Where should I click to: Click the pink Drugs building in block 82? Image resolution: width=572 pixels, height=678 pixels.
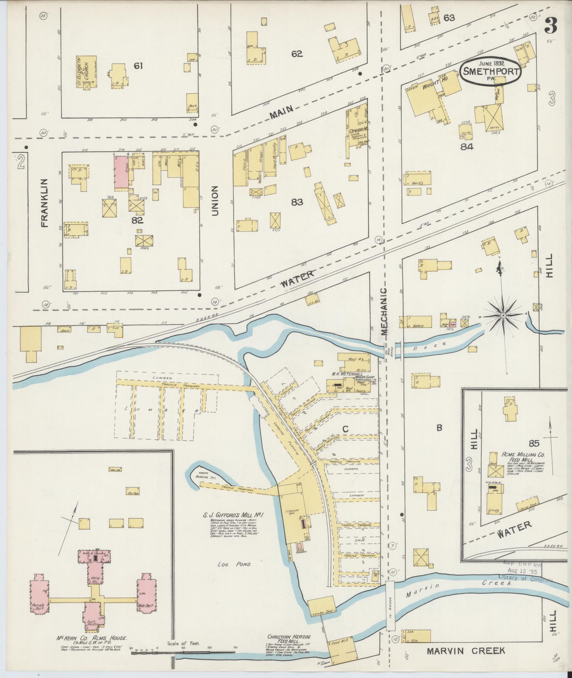coord(121,173)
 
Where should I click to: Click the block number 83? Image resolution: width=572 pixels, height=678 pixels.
coord(297,202)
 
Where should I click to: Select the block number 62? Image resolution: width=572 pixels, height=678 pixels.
coord(297,54)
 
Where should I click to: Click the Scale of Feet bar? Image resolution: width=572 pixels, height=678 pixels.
coord(183,652)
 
